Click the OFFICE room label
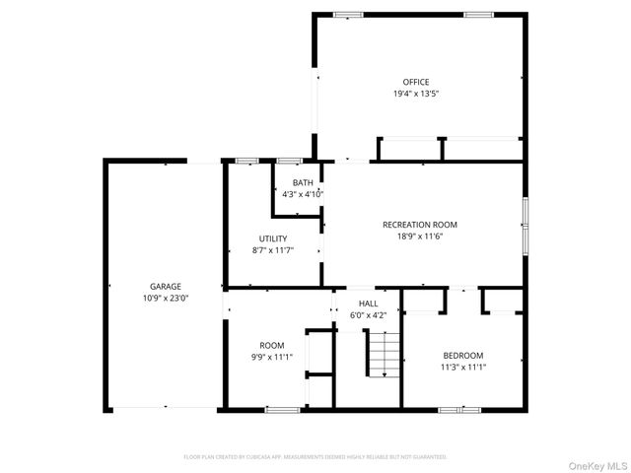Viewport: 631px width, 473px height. [x=415, y=82]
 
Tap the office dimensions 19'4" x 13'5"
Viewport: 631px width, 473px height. [x=415, y=94]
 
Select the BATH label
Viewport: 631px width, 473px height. [x=302, y=182]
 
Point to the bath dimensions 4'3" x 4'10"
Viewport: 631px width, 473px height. [x=302, y=194]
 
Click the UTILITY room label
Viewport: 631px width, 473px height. [x=273, y=238]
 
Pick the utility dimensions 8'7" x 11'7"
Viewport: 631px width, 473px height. [x=273, y=250]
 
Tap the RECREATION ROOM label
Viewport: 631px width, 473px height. [x=420, y=225]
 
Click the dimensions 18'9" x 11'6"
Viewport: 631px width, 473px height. [x=420, y=236]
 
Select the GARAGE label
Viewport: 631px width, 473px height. [x=166, y=286]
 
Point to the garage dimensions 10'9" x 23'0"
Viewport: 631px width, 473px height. [x=166, y=298]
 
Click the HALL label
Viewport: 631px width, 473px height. [x=368, y=304]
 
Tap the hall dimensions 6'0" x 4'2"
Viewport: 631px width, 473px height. [x=368, y=315]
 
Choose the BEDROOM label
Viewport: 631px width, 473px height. [x=462, y=355]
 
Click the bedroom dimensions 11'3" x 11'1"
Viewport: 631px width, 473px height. [x=462, y=367]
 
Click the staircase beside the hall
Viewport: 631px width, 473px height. [x=384, y=355]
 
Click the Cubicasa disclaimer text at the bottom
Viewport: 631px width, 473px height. [x=315, y=457]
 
